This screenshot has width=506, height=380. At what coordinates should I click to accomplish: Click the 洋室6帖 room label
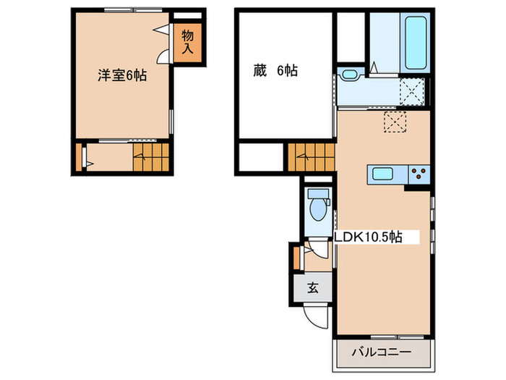pyautogui.click(x=123, y=75)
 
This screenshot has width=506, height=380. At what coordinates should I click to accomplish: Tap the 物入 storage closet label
pyautogui.click(x=187, y=42)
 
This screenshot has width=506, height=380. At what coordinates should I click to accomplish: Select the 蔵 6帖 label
pyautogui.click(x=275, y=71)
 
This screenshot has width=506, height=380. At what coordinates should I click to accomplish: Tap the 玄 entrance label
pyautogui.click(x=313, y=287)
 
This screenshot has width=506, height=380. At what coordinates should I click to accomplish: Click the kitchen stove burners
pyautogui.click(x=419, y=173)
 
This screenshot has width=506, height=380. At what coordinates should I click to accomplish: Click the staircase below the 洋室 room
pyautogui.click(x=150, y=156)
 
